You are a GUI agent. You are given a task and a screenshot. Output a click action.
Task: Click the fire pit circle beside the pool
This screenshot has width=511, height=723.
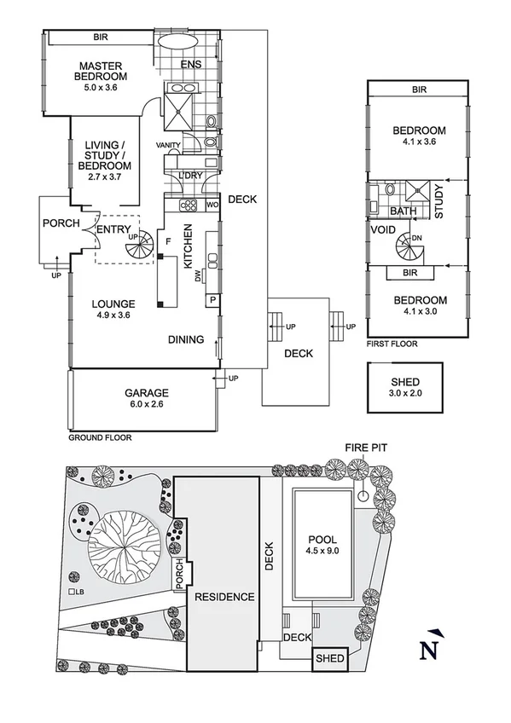pos(364,495)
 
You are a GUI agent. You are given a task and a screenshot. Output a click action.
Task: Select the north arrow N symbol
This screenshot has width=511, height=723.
pos(433,648)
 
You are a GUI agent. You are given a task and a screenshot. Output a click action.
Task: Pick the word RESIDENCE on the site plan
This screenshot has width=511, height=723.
pos(224,597)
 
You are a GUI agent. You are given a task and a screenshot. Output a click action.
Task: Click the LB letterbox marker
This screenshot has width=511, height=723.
pos(77,592)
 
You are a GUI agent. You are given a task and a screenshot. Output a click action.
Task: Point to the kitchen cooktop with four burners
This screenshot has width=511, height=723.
pos(186,205)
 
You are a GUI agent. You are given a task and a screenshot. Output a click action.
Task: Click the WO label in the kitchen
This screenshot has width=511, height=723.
pos(212,205)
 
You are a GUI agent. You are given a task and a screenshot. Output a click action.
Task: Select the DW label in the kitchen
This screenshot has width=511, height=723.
pos(198,275)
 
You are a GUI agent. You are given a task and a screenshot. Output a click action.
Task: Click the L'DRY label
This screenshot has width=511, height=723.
pos(189,176)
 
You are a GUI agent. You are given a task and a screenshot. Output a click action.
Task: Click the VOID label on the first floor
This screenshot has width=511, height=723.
pos(382,230)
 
